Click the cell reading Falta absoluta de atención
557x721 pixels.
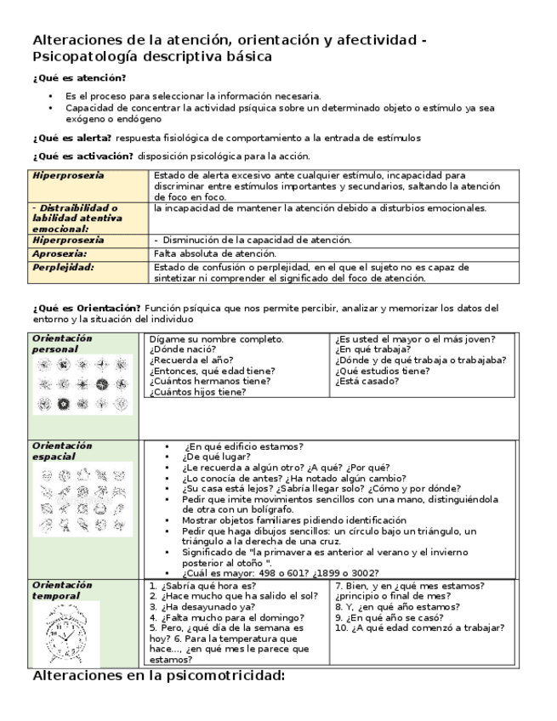pos(215,253)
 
